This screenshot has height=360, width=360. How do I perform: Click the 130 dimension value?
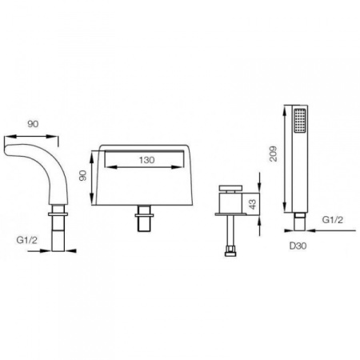146,160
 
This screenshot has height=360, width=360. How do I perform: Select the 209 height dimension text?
273,154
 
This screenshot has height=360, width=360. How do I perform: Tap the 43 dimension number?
253,204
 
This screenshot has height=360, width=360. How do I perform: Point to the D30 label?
298,246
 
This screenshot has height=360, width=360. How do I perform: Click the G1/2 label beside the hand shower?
333,220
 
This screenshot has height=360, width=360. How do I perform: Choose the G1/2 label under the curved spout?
27,240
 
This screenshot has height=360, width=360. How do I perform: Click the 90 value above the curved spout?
33,124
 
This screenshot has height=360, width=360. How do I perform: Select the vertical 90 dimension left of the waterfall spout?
83,176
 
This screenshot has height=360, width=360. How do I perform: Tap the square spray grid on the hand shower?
300,121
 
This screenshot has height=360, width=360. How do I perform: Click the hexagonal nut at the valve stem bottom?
230,252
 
